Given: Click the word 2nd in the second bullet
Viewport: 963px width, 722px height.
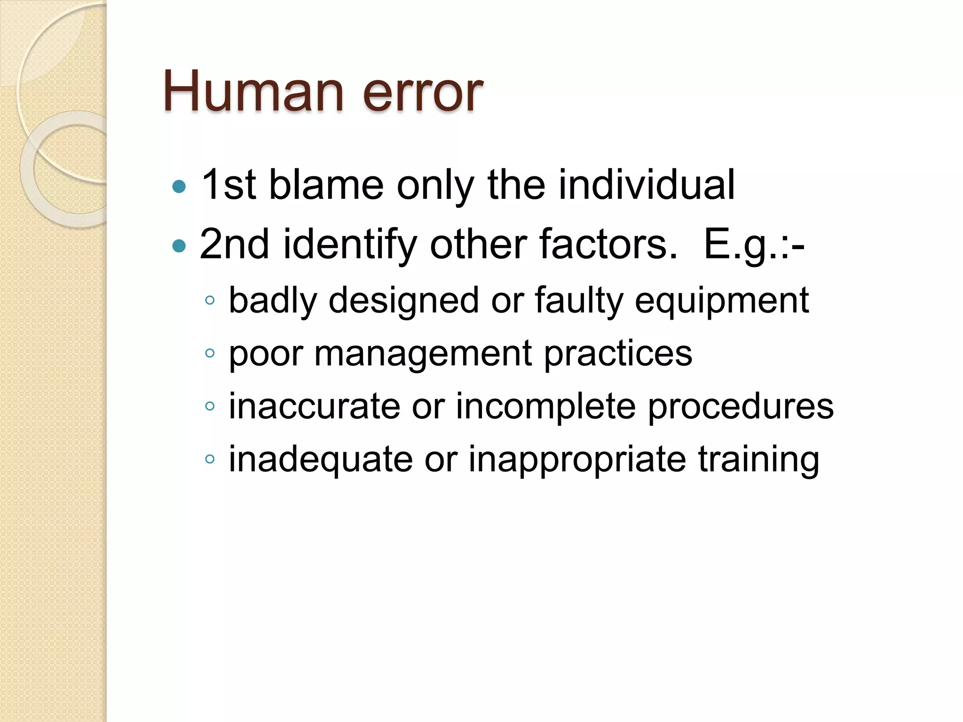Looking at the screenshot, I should coord(235,244).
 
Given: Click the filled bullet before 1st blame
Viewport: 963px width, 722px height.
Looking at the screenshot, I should coord(179,187).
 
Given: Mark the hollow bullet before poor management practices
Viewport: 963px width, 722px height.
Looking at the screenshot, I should coord(210,353).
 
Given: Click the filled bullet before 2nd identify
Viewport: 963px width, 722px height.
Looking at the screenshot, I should coord(179,245).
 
